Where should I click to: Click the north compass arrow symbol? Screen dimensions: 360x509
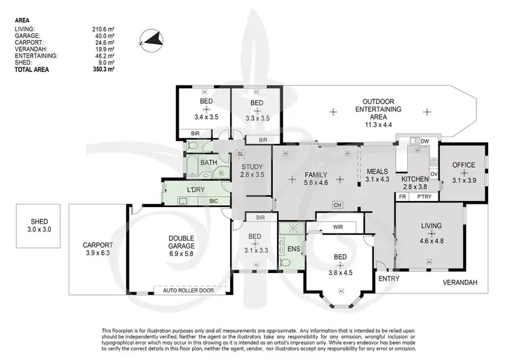[x=151, y=39]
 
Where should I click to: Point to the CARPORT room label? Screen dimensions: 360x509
[x=96, y=245]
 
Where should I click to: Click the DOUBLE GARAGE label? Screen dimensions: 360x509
[x=181, y=242]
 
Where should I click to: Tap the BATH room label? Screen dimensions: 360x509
[x=208, y=163]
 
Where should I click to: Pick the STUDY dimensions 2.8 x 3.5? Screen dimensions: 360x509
[x=252, y=174]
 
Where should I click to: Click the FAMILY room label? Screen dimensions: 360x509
[x=316, y=173]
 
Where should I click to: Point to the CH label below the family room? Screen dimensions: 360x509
[x=337, y=204]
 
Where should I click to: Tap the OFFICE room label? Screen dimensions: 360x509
[x=464, y=165]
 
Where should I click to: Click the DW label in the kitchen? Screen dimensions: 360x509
[x=425, y=141]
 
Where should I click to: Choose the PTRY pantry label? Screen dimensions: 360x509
[x=425, y=196]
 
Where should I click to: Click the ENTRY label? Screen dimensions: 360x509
[x=389, y=278]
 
